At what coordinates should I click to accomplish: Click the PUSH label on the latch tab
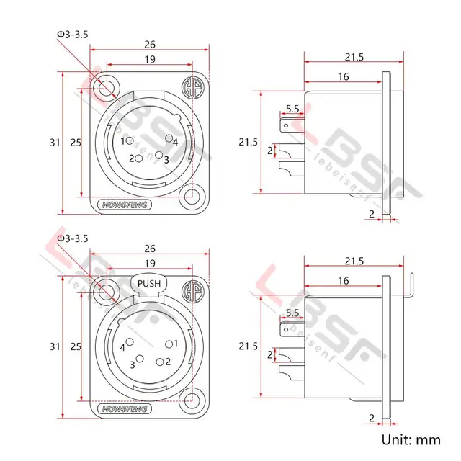pos(149,283)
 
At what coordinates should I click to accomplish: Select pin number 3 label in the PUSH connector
pos(133,364)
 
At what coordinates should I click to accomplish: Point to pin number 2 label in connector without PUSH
pos(133,158)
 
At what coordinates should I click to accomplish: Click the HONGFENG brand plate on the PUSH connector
pos(126,409)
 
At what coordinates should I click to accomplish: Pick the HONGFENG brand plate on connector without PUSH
pos(126,205)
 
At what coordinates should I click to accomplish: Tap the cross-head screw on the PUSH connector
pos(192,292)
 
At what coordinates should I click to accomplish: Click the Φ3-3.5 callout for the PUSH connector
pos(71,238)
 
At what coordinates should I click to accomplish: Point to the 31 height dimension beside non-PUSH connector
pos(55,142)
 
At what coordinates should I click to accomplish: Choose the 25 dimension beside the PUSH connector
pos(75,346)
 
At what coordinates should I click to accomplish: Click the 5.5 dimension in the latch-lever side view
pos(292,313)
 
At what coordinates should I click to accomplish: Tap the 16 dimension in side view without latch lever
pos(343,77)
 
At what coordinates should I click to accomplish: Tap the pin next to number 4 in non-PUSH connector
pos(169,138)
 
